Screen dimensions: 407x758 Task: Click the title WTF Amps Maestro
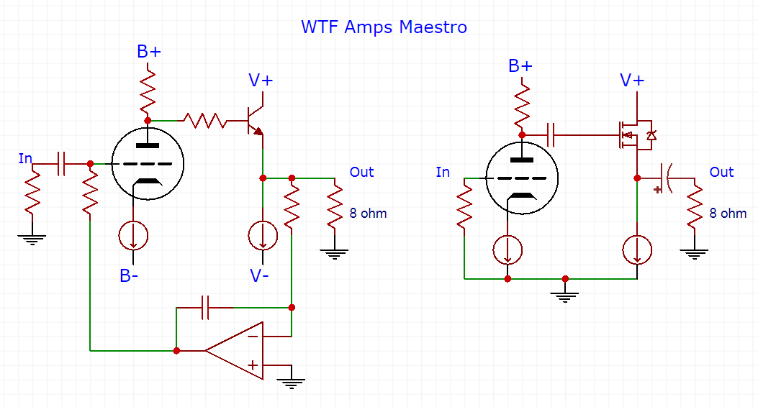(384, 27)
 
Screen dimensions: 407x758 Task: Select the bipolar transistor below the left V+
(254, 121)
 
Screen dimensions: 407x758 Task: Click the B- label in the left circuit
(129, 275)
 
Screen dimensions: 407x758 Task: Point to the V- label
(261, 275)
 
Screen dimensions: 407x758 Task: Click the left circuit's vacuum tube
(148, 163)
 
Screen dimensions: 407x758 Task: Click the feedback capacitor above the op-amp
(206, 308)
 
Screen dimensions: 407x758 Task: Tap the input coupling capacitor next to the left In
(62, 163)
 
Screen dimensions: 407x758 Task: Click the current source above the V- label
(262, 234)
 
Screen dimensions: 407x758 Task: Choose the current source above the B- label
(133, 234)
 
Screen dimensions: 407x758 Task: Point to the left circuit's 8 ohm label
(368, 214)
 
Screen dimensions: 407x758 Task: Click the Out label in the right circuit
(721, 173)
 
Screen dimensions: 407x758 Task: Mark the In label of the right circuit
(443, 173)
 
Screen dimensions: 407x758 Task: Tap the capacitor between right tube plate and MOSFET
(551, 134)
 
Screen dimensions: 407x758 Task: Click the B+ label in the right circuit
(520, 66)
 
